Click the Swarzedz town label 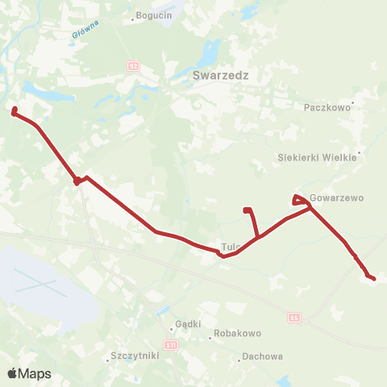(220, 76)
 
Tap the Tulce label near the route (231, 248)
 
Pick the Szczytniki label (131, 356)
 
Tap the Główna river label (85, 31)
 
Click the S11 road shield (170, 344)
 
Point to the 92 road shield (132, 66)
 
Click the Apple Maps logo (29, 373)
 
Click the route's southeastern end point (372, 278)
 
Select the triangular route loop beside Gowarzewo (298, 199)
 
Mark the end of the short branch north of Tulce (248, 210)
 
